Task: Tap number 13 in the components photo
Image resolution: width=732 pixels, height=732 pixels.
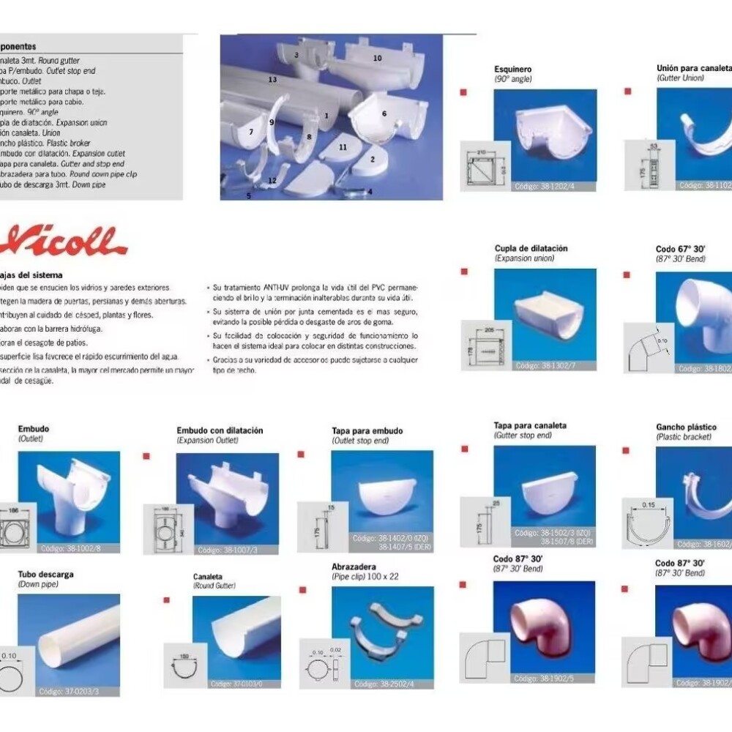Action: pos(272,78)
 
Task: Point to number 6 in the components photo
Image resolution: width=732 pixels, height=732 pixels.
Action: pos(384,113)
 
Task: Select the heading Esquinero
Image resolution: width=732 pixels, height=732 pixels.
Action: pos(513,70)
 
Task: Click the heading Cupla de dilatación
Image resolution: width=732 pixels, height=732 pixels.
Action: pos(531,249)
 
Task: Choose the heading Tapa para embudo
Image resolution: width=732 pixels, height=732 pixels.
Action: pos(367,431)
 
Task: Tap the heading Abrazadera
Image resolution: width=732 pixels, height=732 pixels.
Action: pos(354,567)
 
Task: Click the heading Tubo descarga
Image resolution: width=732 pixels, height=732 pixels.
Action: pos(45,575)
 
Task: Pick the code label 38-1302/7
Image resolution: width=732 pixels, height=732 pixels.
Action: pos(543,365)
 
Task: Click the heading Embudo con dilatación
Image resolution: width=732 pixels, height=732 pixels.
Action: pos(220,430)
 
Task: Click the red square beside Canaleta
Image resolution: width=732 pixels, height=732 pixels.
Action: pos(165,600)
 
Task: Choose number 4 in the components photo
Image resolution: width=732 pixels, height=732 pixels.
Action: pos(370,192)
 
